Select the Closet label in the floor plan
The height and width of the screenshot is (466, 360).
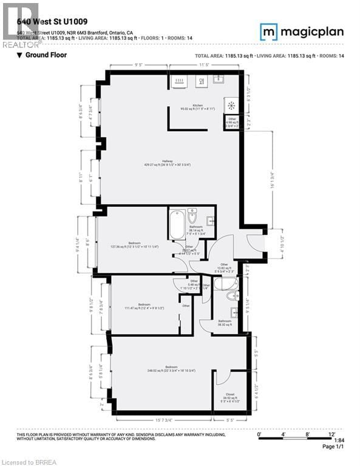(230, 394)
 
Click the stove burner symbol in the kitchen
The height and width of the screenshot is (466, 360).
(231, 104)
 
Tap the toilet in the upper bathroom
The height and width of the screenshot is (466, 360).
(192, 216)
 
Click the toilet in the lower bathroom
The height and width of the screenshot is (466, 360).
(230, 297)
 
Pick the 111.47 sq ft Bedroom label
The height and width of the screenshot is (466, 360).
(144, 305)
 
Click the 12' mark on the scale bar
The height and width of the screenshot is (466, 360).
(332, 434)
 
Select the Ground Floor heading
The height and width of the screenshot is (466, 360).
(42, 55)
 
